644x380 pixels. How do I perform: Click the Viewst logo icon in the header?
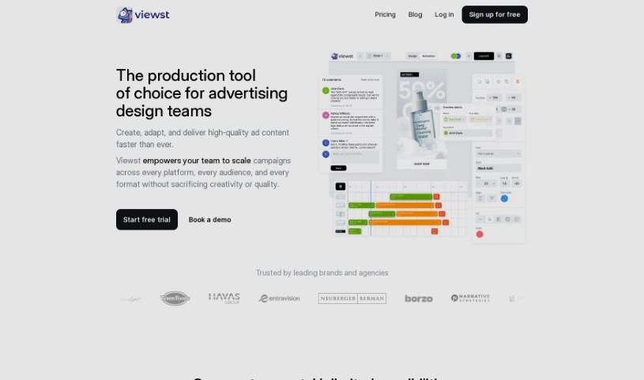pos(124,14)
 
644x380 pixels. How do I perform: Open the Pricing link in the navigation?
pos(385,14)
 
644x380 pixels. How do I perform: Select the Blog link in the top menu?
pos(415,14)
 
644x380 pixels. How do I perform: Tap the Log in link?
pos(444,14)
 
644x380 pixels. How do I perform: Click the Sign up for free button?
pos(495,14)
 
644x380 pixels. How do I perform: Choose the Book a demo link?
pos(209,219)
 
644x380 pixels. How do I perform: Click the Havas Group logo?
pos(224,298)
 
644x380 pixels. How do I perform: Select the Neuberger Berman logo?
pos(352,298)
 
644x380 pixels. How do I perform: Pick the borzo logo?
pos(418,298)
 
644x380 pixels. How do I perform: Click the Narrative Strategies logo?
pos(470,298)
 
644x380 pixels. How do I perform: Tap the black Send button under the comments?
pos(338,168)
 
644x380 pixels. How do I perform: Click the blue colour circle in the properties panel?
pos(505,198)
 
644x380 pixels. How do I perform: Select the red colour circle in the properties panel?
pos(480,234)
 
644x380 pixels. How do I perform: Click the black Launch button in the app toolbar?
pos(484,56)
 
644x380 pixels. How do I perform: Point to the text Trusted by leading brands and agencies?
pos(322,272)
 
